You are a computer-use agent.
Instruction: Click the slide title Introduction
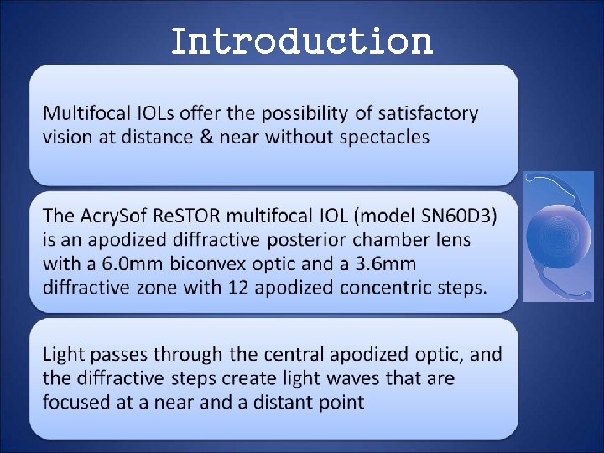coord(301,39)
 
